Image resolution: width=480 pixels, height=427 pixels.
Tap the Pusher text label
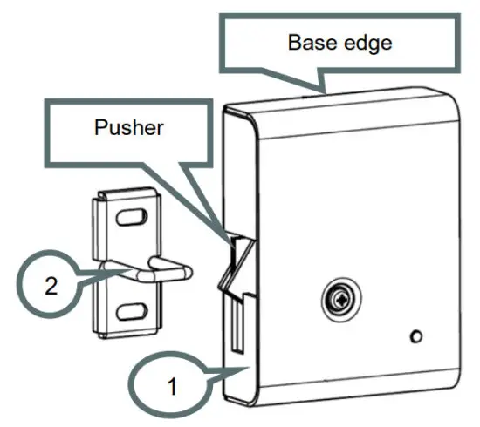click(x=129, y=128)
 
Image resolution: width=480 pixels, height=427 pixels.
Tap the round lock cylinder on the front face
click(x=338, y=302)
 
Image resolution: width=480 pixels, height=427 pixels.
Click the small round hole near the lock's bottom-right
click(x=416, y=336)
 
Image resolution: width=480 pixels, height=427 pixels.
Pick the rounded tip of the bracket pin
click(x=185, y=272)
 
